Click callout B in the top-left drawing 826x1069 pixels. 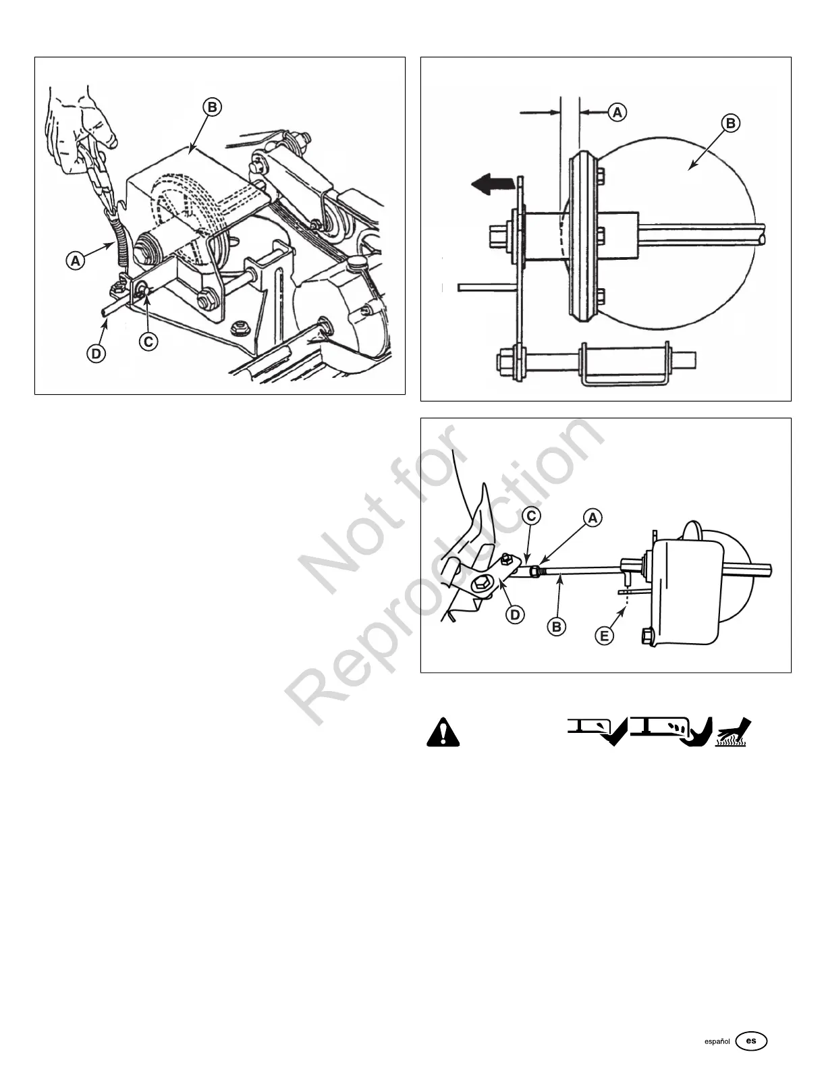click(211, 107)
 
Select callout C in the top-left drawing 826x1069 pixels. click(148, 341)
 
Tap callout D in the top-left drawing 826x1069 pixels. click(97, 353)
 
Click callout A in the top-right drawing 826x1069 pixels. click(617, 113)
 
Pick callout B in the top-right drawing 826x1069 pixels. click(729, 124)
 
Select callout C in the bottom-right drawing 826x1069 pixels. click(532, 516)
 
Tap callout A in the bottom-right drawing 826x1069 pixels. click(592, 518)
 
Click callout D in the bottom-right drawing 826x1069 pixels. click(515, 615)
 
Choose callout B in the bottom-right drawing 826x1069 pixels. click(557, 627)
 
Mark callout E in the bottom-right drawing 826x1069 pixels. click(605, 635)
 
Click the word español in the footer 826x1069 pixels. click(717, 1041)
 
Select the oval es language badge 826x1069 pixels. click(752, 1041)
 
